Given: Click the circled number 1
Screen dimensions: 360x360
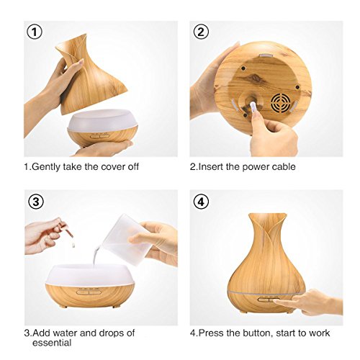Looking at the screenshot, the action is (x=35, y=32).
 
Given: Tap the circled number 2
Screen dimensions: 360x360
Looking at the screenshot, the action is (x=201, y=32).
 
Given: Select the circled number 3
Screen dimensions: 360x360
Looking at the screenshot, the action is (x=36, y=202).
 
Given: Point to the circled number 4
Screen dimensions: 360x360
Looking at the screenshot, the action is (x=201, y=202).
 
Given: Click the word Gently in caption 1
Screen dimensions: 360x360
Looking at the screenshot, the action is (x=46, y=167).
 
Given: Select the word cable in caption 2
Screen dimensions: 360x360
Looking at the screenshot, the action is (x=284, y=167).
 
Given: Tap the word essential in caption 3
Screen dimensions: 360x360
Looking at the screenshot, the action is (x=52, y=343).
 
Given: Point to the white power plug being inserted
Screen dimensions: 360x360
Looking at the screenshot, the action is (x=253, y=107).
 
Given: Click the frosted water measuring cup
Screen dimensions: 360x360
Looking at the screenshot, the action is (x=127, y=240).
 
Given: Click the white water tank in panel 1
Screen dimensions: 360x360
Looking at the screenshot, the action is (x=102, y=120).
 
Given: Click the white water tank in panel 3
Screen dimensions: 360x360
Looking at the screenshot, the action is (x=89, y=275).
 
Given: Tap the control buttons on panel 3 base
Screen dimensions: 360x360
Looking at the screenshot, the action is (x=88, y=292).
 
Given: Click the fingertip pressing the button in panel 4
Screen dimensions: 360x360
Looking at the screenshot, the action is (x=276, y=301).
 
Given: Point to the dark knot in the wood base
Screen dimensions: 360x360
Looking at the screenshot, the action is (x=253, y=77).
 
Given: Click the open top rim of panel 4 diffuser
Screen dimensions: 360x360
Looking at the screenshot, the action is (x=267, y=215).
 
